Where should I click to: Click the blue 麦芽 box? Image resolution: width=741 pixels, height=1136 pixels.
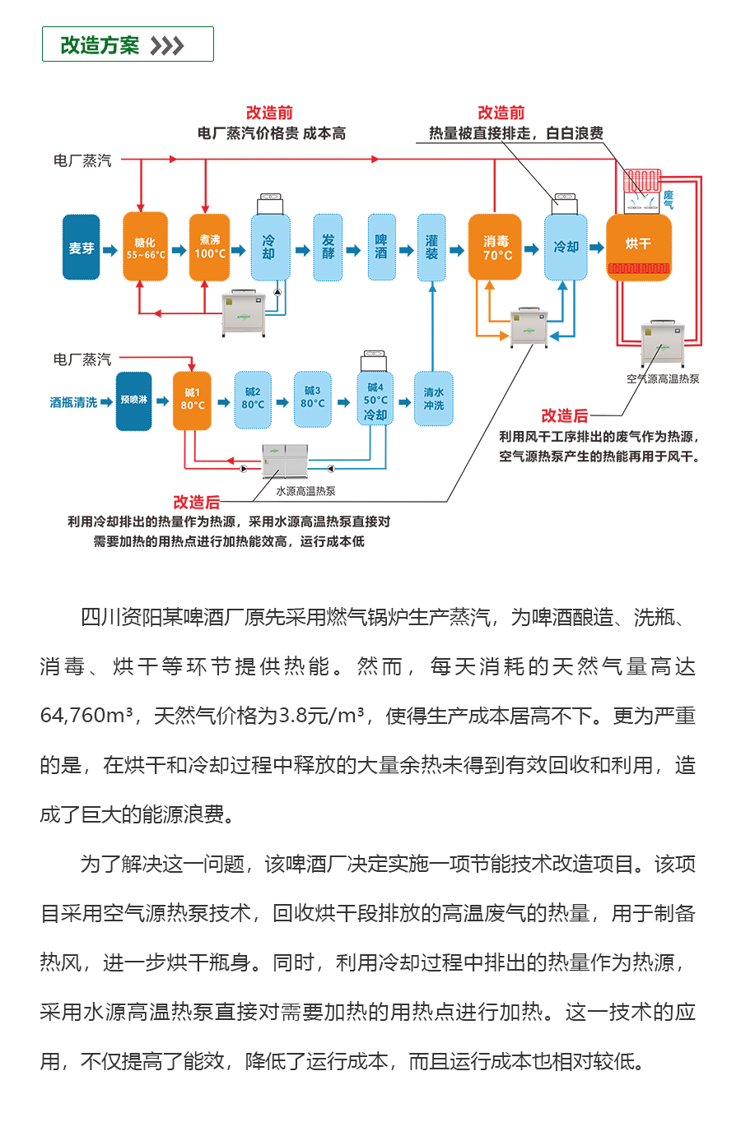(x=81, y=248)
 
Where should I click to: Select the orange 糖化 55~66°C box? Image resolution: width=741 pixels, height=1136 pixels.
(x=145, y=248)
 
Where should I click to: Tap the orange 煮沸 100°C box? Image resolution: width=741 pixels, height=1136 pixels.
(x=209, y=248)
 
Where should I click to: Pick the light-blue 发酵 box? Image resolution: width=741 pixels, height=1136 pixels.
(x=328, y=248)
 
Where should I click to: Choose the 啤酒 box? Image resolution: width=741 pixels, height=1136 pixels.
(x=380, y=248)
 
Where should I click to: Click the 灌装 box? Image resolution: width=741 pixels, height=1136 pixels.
(x=431, y=248)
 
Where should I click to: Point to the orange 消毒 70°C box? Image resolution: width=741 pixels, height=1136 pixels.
(x=495, y=248)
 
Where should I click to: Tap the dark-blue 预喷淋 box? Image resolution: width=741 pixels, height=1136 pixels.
(x=133, y=401)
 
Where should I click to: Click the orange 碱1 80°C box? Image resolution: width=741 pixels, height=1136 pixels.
(x=192, y=401)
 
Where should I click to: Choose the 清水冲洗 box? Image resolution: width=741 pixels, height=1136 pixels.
(x=433, y=401)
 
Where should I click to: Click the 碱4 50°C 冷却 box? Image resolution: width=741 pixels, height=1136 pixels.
(x=375, y=401)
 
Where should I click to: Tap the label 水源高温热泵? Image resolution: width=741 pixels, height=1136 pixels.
(x=305, y=491)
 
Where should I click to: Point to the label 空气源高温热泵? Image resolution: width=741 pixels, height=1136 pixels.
(x=663, y=379)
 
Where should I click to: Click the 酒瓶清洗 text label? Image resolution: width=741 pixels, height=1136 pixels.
(x=73, y=402)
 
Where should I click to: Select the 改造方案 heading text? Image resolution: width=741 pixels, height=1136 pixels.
(x=100, y=45)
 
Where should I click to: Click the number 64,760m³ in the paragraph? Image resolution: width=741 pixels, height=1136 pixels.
(x=86, y=716)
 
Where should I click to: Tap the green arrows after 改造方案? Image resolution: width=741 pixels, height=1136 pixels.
(x=167, y=45)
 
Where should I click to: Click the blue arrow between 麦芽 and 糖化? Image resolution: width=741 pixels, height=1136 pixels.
(x=110, y=248)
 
